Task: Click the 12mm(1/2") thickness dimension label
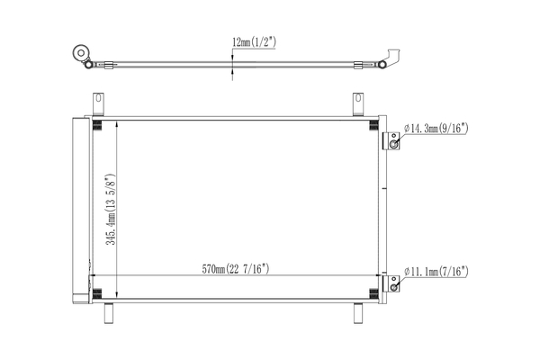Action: (x=254, y=41)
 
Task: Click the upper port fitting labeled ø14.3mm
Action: (x=392, y=142)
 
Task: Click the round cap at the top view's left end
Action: (x=83, y=53)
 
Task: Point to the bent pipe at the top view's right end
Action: (x=390, y=56)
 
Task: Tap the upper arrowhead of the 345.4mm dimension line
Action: (x=119, y=125)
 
